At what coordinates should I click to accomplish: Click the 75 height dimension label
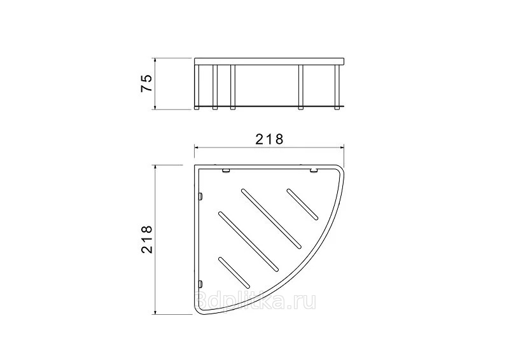point(146,83)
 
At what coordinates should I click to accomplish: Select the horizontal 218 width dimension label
point(269,139)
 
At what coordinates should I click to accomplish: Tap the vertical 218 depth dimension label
point(146,239)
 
